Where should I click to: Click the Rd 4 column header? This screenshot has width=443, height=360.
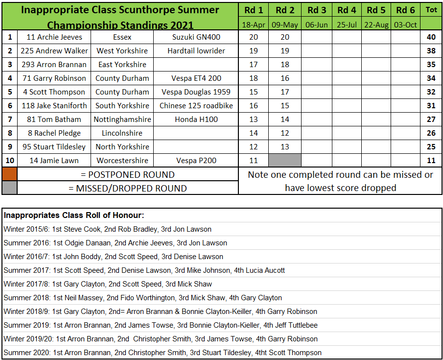point(347,10)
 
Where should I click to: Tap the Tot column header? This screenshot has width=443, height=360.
point(431,10)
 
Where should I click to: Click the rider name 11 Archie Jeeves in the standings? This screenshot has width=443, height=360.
point(54,37)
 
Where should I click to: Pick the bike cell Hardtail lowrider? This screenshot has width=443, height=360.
point(196,51)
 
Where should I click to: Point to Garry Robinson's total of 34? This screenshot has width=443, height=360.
point(431,78)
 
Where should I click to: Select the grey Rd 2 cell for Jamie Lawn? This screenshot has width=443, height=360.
point(285,161)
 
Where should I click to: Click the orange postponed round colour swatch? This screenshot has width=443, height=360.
point(10,174)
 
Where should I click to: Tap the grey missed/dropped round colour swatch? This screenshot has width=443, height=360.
point(10,188)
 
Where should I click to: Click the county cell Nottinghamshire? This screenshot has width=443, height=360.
point(122,120)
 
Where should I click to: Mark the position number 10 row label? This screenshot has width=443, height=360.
point(10,161)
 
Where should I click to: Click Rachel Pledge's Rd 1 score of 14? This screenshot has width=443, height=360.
point(254,133)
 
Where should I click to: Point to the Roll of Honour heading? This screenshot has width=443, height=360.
point(74,216)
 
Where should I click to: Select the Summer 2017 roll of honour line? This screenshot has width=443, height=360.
point(144,270)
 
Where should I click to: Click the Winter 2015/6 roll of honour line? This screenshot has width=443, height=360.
point(108,229)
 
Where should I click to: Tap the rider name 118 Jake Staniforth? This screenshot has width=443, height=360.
point(54,106)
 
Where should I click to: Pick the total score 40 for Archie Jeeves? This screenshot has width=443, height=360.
point(431,37)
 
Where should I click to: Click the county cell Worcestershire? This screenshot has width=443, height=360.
point(122,161)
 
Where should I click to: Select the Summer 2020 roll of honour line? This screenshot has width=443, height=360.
point(163,353)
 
